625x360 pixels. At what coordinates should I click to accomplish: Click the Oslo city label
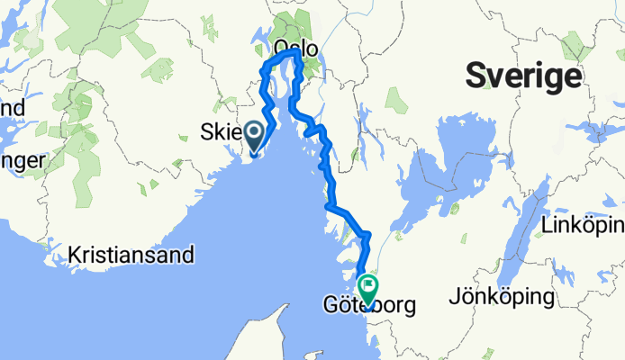[x=295, y=47]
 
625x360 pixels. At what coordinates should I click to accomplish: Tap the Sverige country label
[x=522, y=76]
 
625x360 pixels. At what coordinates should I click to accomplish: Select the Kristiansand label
[x=131, y=255]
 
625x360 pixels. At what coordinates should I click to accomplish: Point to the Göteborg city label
[x=369, y=306]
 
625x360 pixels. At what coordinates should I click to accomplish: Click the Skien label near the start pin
[x=221, y=135]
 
